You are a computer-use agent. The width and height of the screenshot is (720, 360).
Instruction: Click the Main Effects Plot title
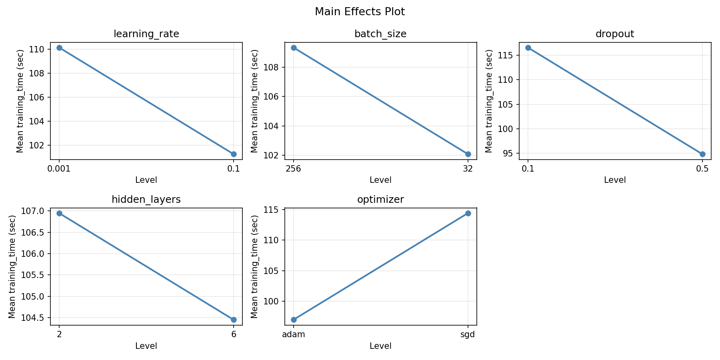pyautogui.click(x=360, y=12)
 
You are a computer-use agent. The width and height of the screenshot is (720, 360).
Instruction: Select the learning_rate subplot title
pyautogui.click(x=146, y=34)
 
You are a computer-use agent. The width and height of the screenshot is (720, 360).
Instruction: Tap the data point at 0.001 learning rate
pyautogui.click(x=59, y=48)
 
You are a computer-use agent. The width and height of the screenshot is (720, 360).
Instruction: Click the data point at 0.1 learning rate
pyautogui.click(x=234, y=154)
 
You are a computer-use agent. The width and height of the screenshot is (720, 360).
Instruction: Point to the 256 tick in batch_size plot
pyautogui.click(x=293, y=168)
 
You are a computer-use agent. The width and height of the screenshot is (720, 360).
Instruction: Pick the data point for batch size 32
pyautogui.click(x=468, y=154)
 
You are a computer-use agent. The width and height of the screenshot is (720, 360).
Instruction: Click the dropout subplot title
pyautogui.click(x=614, y=34)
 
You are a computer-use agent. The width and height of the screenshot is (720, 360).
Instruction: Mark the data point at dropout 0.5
pyautogui.click(x=702, y=154)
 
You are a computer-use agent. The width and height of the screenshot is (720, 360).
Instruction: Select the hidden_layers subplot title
pyautogui.click(x=146, y=200)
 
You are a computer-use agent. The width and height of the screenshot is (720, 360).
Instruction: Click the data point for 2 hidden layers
pyautogui.click(x=59, y=213)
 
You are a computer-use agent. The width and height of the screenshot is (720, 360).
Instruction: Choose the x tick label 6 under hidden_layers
pyautogui.click(x=234, y=334)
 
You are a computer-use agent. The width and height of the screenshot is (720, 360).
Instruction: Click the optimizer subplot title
pyautogui.click(x=380, y=200)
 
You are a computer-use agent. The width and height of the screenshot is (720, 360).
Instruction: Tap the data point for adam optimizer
pyautogui.click(x=294, y=320)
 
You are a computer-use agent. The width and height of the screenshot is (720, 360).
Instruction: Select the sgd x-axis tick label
pyautogui.click(x=468, y=334)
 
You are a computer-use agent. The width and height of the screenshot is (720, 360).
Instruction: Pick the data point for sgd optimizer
pyautogui.click(x=468, y=213)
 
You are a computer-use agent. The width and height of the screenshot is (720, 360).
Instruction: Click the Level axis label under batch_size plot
pyautogui.click(x=380, y=180)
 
